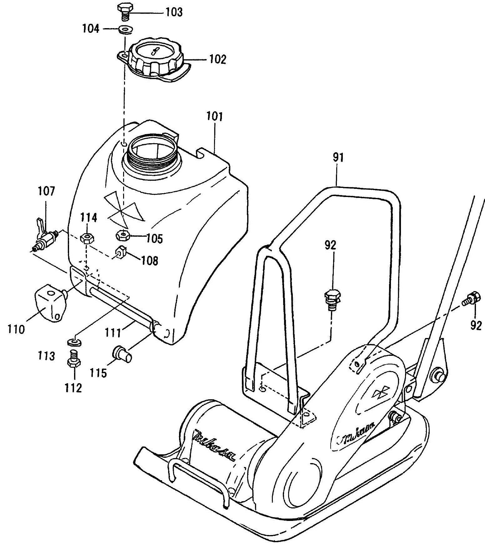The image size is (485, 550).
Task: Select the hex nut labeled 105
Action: [x=123, y=235]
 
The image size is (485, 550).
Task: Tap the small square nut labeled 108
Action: [x=121, y=252]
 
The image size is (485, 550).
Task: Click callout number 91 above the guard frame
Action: [x=338, y=158]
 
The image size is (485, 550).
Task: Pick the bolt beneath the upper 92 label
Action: [x=332, y=298]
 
